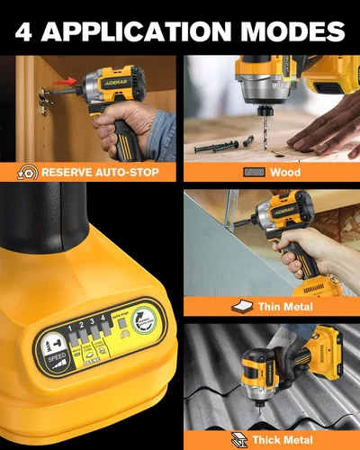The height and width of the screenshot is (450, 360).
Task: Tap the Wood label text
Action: click(284, 171)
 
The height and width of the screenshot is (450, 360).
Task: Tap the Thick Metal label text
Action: click(283, 441)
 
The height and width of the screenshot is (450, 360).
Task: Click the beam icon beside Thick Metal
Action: click(239, 441)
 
